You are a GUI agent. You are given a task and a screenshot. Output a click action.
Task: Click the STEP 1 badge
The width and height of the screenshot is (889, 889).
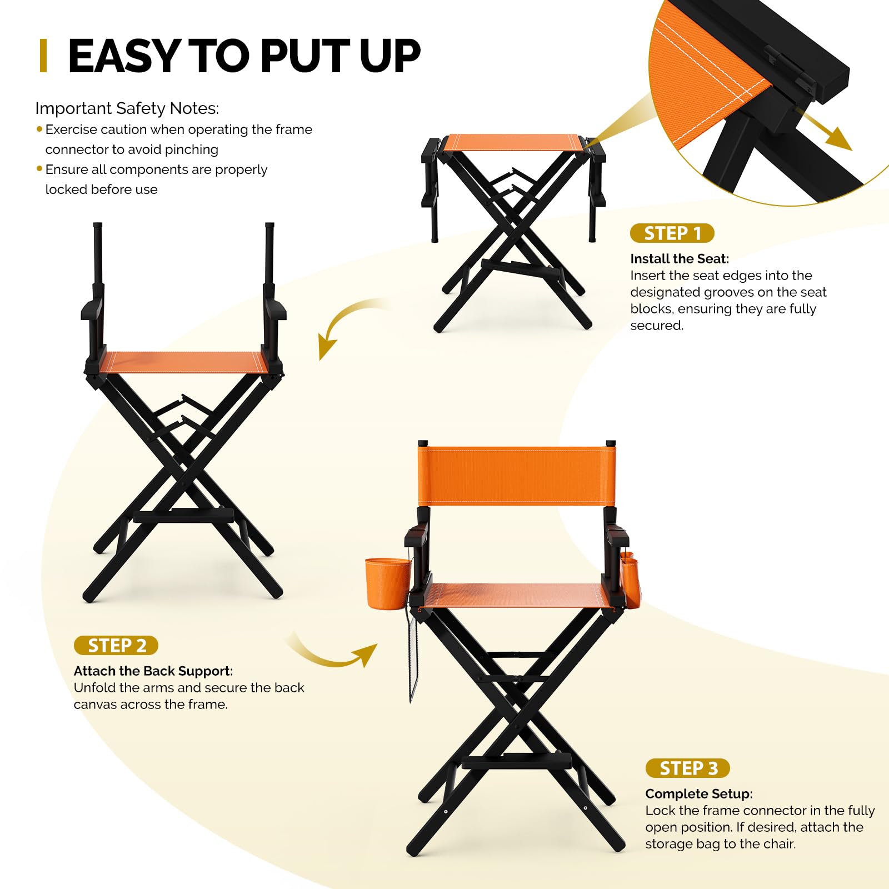point(672,233)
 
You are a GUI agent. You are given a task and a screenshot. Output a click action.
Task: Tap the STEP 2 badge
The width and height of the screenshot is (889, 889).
point(116,646)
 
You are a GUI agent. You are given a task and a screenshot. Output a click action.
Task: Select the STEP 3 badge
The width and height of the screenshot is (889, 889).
point(687,768)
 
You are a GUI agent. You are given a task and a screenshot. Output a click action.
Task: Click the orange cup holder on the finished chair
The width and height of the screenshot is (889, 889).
point(387,583)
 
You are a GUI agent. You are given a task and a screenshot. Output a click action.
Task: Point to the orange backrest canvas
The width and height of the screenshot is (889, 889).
point(517,476)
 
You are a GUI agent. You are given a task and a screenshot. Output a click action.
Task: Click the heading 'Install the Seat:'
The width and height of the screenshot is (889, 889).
point(680,259)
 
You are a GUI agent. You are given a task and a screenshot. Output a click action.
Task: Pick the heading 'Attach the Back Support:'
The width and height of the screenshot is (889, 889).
point(153,671)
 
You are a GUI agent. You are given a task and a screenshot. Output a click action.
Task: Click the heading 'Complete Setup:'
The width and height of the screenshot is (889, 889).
point(699,794)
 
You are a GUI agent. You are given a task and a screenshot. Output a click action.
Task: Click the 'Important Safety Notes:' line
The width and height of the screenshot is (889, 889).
point(127,108)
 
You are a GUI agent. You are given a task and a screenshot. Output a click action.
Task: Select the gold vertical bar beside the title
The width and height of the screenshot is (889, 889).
point(43,56)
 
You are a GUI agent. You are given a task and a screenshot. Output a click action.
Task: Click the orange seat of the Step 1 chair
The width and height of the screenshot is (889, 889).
point(515,143)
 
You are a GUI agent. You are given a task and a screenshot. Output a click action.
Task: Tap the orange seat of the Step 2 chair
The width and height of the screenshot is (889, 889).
point(183,362)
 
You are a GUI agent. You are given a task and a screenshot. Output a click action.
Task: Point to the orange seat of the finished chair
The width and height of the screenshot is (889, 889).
point(517,596)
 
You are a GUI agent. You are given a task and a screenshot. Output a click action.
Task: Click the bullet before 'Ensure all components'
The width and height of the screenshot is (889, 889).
point(39,168)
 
